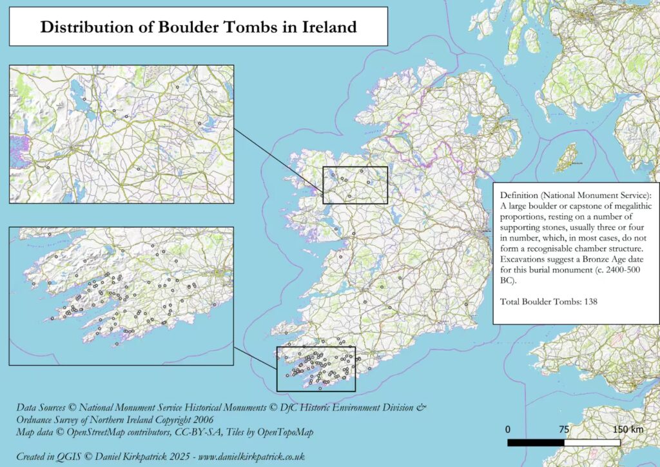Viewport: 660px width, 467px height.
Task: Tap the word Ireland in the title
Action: [x=324, y=27]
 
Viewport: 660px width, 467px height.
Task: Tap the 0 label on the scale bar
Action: [x=509, y=430]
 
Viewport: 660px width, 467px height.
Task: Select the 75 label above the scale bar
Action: [x=563, y=430]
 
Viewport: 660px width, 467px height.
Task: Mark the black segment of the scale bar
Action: [x=536, y=443]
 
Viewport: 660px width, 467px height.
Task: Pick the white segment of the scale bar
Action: [x=592, y=443]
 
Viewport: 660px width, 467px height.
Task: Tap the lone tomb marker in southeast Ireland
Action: [x=465, y=304]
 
